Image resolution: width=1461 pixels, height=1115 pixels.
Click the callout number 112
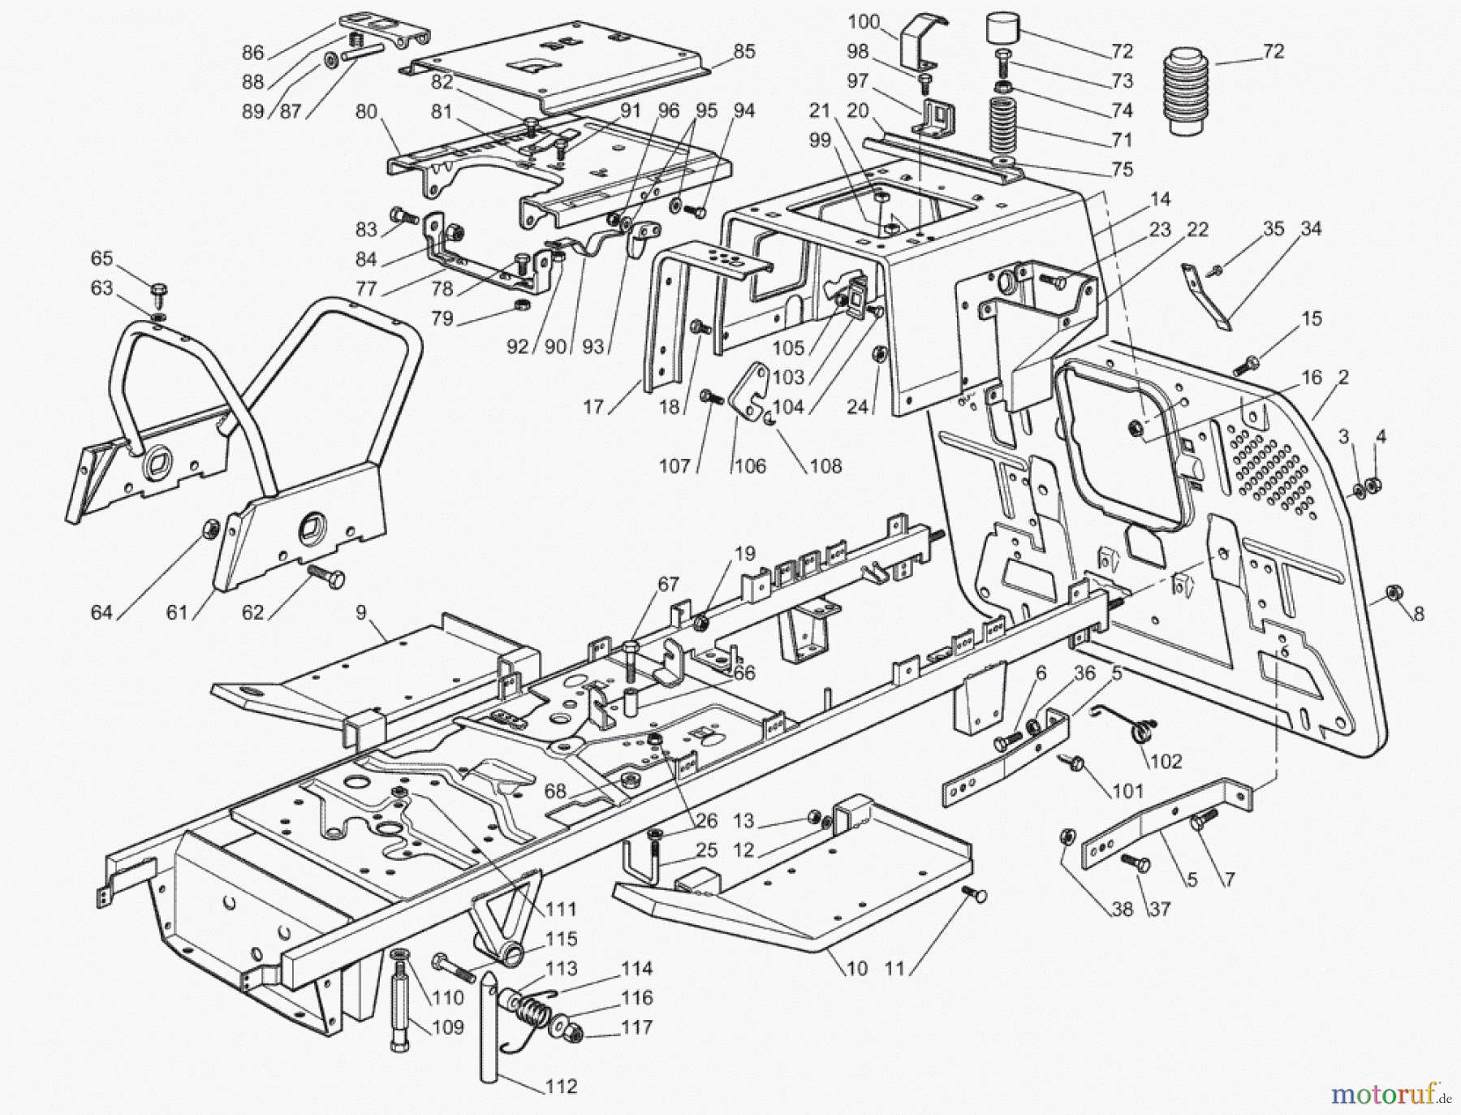point(561,1087)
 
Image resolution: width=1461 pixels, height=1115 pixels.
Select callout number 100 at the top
point(864,22)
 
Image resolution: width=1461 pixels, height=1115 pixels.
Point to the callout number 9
point(361,613)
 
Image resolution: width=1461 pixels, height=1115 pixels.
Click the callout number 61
point(177,612)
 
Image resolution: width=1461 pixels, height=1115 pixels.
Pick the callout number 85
point(744,51)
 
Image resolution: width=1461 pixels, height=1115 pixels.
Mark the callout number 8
point(1419,614)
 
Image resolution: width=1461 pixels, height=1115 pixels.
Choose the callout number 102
point(1166,761)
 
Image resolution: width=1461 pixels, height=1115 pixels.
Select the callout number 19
point(745,554)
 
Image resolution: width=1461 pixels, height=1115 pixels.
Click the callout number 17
point(593,406)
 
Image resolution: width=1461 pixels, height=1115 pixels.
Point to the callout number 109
point(447,1027)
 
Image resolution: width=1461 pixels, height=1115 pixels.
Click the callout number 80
point(366,110)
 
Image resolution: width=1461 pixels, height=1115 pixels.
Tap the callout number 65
point(101,258)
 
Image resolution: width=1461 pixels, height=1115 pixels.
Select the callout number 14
point(1161,199)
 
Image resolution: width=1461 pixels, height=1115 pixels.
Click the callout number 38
point(1122,909)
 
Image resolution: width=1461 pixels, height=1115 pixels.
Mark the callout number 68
point(555,790)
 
